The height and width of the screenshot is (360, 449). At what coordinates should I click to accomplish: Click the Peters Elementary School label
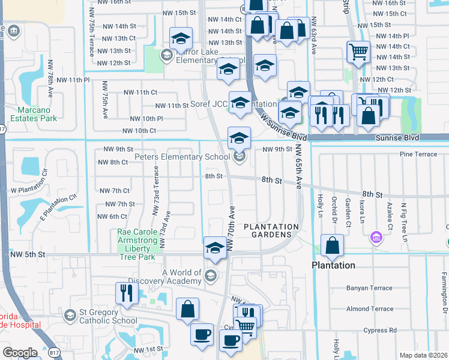pos(182,157)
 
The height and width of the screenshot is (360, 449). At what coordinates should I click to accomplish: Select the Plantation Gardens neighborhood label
pos(271,230)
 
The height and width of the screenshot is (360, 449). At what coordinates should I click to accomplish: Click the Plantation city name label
pos(333,265)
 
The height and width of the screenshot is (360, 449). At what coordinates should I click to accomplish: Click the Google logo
pos(20,353)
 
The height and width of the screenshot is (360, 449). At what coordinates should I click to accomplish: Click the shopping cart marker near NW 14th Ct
pos(358,52)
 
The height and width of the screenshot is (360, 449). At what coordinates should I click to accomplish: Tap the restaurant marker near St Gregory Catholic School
pos(127,293)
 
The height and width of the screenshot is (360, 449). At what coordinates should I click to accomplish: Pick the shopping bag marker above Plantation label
pos(332,245)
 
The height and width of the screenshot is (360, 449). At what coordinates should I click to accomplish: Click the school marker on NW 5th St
pos(215,248)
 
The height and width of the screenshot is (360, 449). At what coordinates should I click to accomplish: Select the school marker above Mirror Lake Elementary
pos(180,39)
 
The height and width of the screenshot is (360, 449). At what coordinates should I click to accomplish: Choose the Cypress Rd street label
pos(381,330)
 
